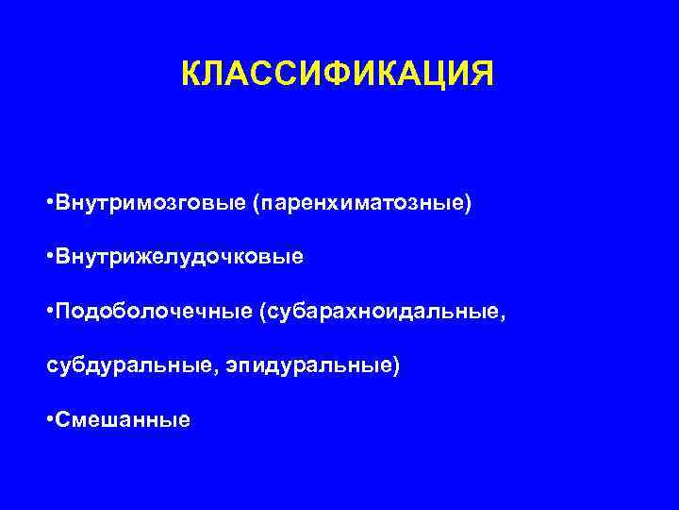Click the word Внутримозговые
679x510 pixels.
150,204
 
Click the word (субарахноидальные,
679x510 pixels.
381,311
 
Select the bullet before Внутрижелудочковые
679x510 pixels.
49,257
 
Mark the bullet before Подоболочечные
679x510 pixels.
49,311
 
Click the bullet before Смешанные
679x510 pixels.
49,418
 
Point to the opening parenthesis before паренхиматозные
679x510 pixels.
256,204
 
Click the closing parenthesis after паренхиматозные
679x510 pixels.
467,204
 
